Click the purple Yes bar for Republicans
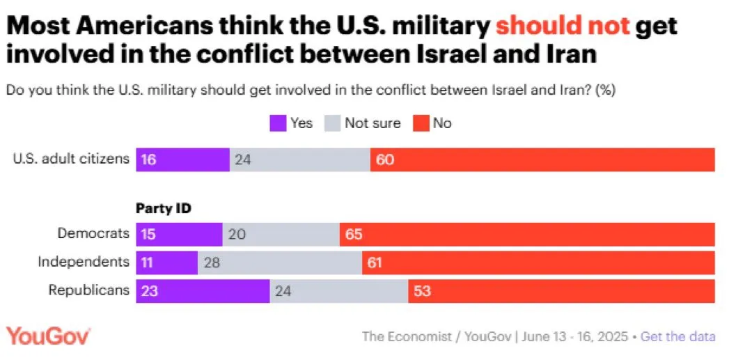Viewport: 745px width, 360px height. tap(203, 290)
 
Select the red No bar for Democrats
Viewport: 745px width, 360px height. tap(527, 235)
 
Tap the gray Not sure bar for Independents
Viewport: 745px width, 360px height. tap(280, 263)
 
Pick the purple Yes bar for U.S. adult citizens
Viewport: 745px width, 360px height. tap(182, 159)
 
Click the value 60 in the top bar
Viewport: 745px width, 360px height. tap(385, 159)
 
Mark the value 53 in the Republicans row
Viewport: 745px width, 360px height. tap(422, 290)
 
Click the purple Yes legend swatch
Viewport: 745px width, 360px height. tap(277, 123)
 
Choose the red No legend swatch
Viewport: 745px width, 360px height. tap(420, 123)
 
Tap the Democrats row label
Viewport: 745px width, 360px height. tap(93, 234)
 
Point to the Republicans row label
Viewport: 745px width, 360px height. tap(89, 290)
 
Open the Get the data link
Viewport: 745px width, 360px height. tap(677, 336)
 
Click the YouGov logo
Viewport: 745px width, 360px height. tap(48, 336)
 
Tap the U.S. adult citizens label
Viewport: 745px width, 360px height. tap(72, 158)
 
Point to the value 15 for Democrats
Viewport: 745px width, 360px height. tap(148, 235)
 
